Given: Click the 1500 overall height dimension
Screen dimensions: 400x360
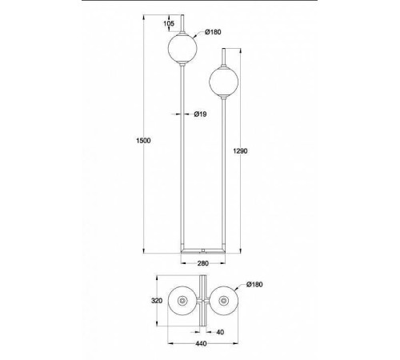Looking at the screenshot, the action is (x=143, y=141).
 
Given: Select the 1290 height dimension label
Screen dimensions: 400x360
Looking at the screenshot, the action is (x=240, y=151).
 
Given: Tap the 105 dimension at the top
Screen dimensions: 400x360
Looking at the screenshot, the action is (x=169, y=23).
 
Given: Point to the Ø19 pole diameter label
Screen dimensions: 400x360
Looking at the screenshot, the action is (x=200, y=114).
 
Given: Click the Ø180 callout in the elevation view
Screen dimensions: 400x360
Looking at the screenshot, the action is (x=213, y=32).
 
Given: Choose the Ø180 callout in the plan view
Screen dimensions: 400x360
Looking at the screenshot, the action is (x=254, y=284).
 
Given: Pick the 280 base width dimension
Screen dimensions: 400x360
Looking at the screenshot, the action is (x=203, y=263).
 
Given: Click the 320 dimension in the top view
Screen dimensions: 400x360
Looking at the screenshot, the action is (x=157, y=301).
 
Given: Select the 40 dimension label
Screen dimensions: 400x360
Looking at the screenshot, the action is (x=220, y=332).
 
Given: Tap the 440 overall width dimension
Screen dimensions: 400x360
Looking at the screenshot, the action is (x=201, y=344).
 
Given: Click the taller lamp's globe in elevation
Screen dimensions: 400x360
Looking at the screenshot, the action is (x=182, y=48).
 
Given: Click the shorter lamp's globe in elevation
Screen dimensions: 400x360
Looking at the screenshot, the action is (x=224, y=82).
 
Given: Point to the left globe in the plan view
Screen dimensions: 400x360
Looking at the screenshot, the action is (x=182, y=301).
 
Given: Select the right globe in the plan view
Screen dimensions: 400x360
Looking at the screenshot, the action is (x=224, y=301).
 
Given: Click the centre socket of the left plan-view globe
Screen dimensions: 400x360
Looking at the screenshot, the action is (x=182, y=301).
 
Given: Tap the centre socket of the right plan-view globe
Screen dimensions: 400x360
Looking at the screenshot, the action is (x=224, y=301).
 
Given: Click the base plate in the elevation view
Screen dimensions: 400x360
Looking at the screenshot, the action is (x=203, y=251).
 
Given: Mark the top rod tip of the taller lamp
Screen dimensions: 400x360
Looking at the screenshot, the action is (x=182, y=14).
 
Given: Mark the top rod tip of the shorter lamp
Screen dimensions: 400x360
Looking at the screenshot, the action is (x=224, y=49).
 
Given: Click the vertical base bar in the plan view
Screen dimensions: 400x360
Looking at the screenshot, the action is (x=203, y=301).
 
